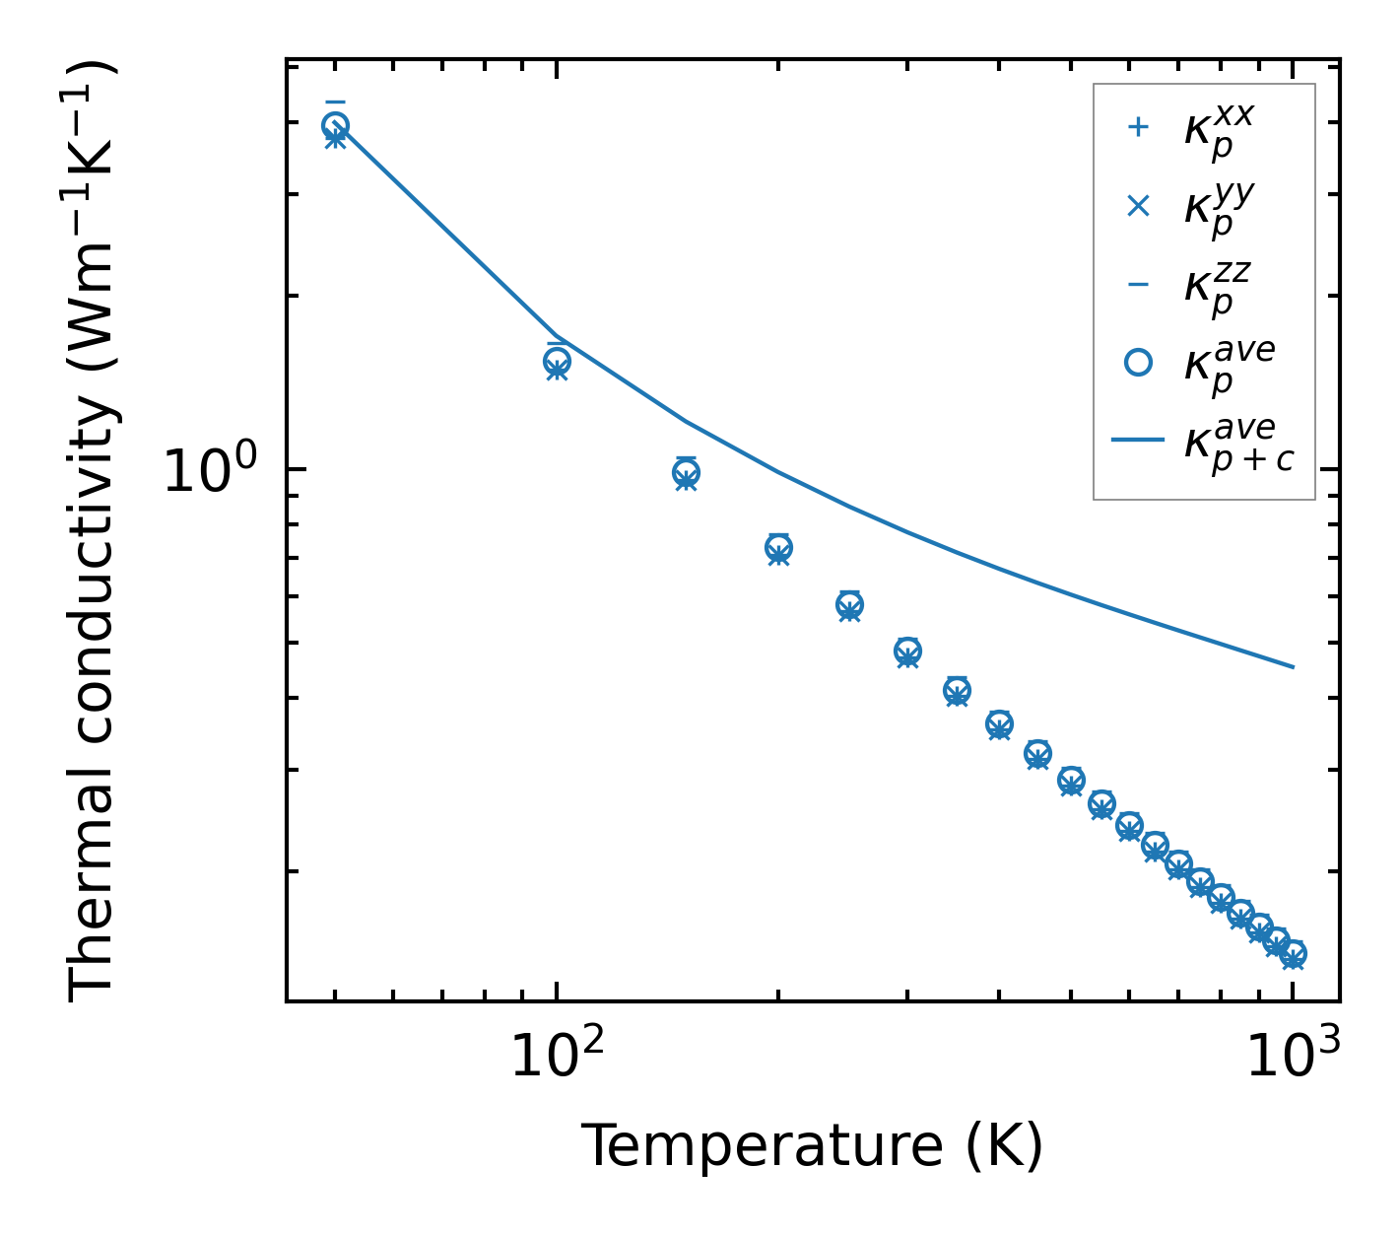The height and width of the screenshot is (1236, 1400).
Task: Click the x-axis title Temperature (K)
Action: point(812,1146)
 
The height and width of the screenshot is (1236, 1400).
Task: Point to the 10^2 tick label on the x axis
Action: point(557,1059)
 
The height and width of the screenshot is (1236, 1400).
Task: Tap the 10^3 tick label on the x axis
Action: point(1293,1059)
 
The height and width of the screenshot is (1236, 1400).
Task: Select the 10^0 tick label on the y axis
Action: point(210,472)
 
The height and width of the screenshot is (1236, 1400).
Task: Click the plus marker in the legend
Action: point(1138,127)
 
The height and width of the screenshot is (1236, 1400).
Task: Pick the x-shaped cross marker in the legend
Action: point(1138,206)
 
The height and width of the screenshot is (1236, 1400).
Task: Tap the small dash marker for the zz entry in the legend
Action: point(1138,285)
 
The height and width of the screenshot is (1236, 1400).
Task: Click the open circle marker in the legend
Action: point(1138,363)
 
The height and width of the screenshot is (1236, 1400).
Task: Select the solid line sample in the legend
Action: point(1138,441)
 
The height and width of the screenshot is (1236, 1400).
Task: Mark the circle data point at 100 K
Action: point(557,361)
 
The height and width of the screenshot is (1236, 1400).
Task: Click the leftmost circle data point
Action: point(335,125)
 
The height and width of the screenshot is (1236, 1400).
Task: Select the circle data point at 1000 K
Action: point(1293,953)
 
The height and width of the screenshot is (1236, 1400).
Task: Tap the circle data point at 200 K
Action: point(778,547)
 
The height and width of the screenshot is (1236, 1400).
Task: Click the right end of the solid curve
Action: point(1293,667)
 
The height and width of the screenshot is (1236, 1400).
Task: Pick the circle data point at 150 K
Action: point(686,473)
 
